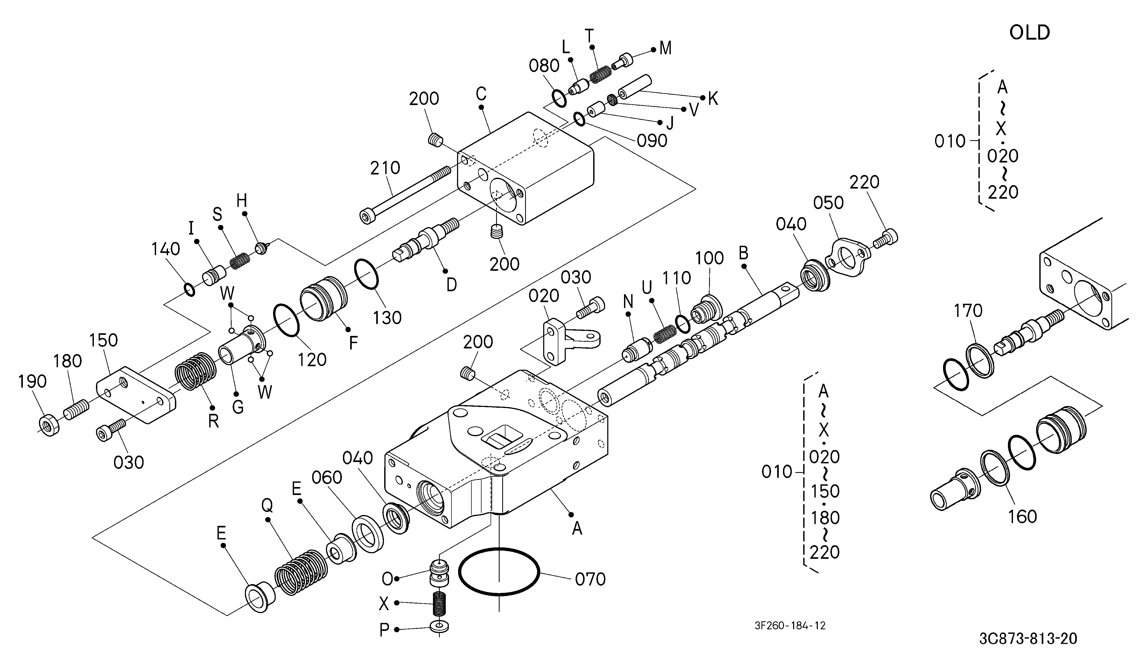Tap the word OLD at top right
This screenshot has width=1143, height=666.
coord(1030,33)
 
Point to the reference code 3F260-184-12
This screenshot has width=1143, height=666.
coord(790,626)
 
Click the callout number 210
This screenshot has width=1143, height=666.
coord(385,168)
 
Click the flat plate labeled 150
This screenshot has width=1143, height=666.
coord(136,395)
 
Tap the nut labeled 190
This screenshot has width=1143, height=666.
coord(49,425)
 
